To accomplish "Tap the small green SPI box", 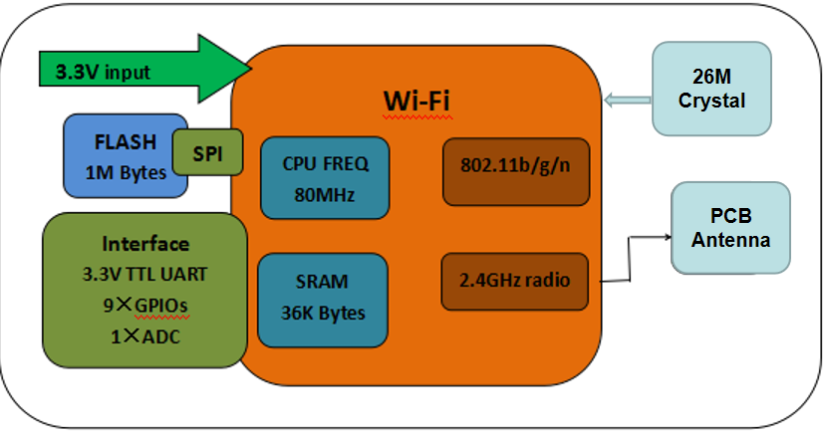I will pos(208,152).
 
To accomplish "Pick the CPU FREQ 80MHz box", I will pos(324,177).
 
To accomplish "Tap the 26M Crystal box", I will pos(711,88).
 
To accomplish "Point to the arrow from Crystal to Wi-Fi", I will pos(627,99).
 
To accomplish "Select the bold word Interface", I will pos(145,244).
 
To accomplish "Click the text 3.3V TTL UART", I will pos(145,272).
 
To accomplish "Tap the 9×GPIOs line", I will pos(145,304).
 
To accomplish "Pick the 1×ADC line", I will pos(145,335).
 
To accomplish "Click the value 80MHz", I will pos(324,194).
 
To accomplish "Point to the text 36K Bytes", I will pos(323,313).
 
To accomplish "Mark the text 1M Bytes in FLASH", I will pos(126,171).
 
